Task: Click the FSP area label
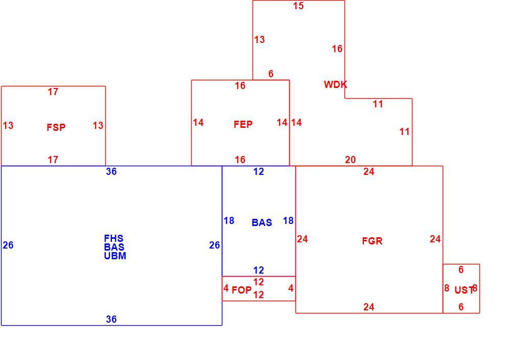[x=56, y=127]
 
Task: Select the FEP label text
[x=243, y=124]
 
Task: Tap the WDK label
[x=336, y=84]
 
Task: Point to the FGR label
[x=372, y=241]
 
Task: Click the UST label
[x=464, y=290]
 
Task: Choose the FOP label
[x=241, y=290]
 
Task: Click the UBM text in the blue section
[x=115, y=256]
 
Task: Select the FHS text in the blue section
[x=113, y=238]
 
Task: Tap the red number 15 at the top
[x=298, y=6]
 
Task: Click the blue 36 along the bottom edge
[x=111, y=319]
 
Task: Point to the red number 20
[x=351, y=160]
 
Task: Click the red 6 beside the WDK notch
[x=271, y=74]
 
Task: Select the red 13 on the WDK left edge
[x=260, y=40]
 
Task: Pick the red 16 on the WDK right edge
[x=337, y=49]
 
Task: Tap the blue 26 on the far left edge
[x=8, y=245]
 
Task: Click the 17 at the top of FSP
[x=53, y=92]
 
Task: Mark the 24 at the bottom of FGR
[x=369, y=307]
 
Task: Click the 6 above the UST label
[x=461, y=269]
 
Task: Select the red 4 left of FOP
[x=226, y=288]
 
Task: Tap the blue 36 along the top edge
[x=111, y=171]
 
